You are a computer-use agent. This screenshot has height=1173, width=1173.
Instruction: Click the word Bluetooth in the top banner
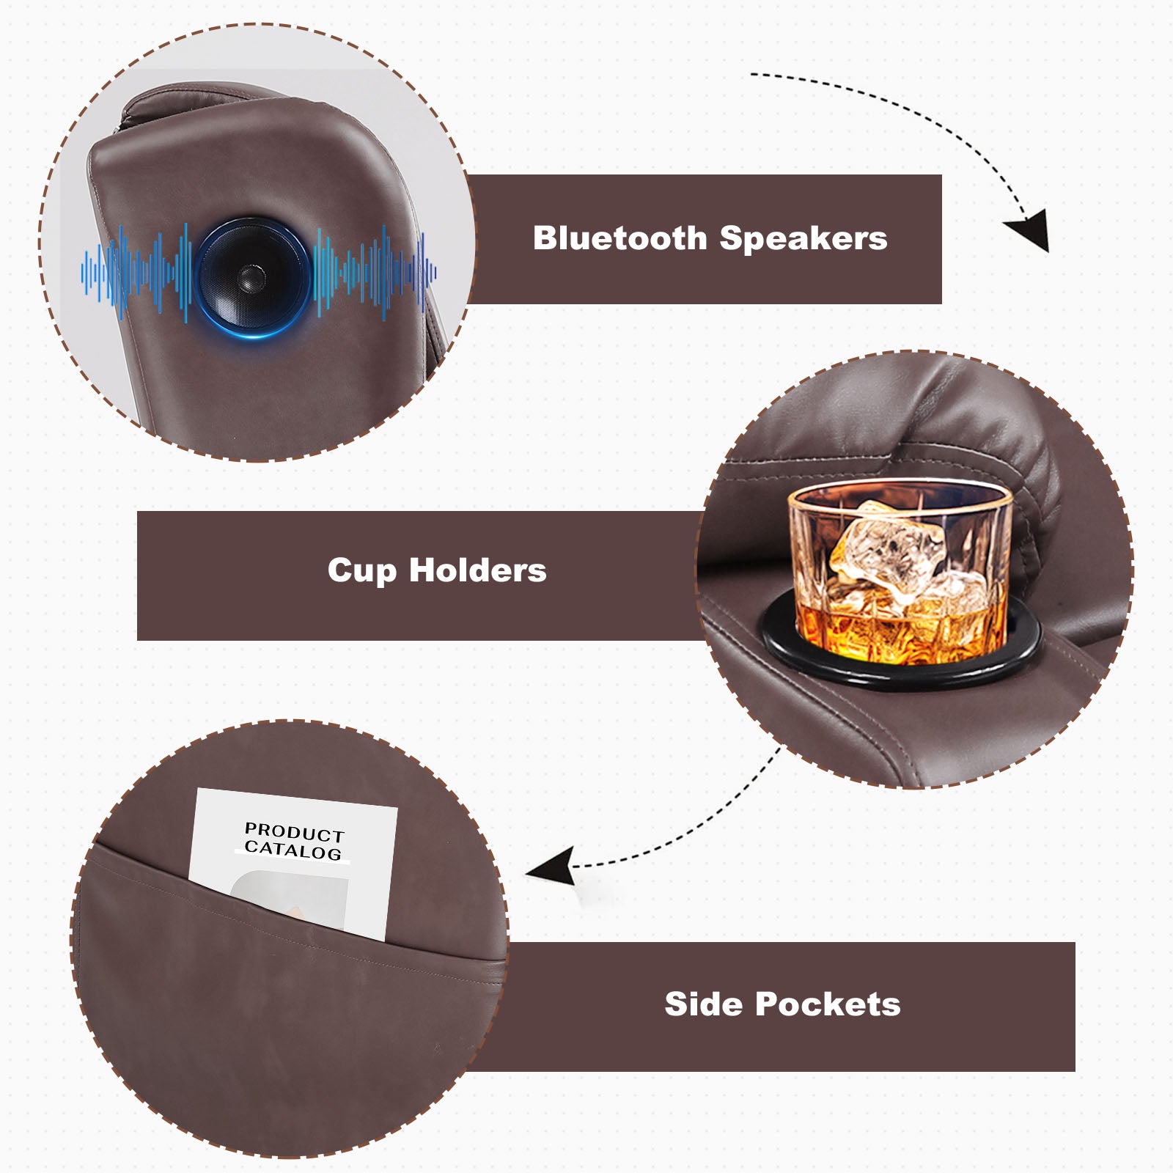[620, 238]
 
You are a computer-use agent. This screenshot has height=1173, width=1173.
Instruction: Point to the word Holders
[478, 570]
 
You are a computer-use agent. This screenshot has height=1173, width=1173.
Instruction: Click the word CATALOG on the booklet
[293, 850]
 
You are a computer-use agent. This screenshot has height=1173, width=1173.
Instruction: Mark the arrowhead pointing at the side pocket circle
[551, 866]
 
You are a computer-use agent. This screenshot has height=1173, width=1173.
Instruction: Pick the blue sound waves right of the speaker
[375, 272]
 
